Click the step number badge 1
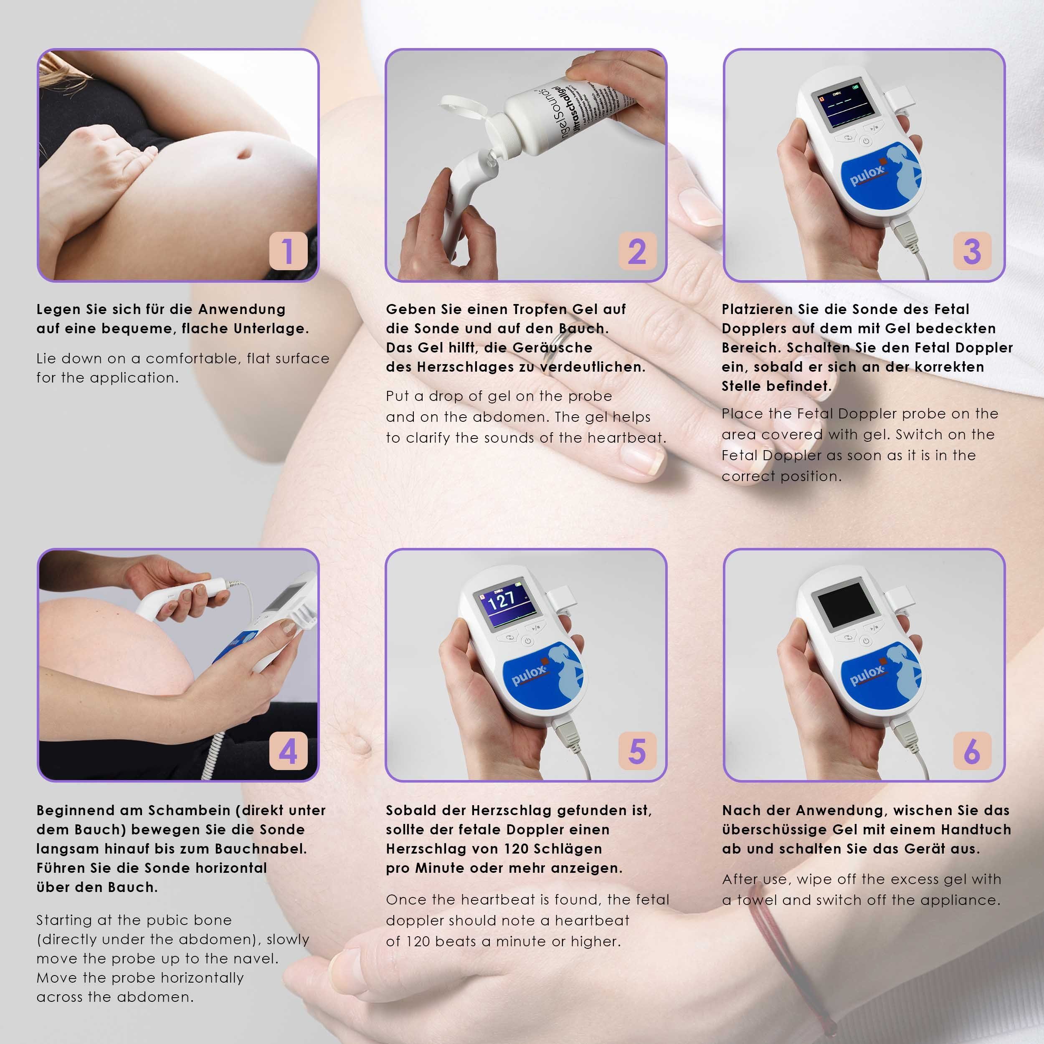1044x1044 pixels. pyautogui.click(x=289, y=251)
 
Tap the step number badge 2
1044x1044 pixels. pyautogui.click(x=637, y=251)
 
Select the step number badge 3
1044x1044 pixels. pyautogui.click(x=972, y=251)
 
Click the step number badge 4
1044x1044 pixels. pyautogui.click(x=289, y=751)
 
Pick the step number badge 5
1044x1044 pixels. pyautogui.click(x=637, y=751)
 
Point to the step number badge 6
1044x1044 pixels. pyautogui.click(x=972, y=751)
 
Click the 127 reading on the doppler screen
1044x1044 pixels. pyautogui.click(x=502, y=600)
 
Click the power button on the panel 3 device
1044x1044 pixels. pyautogui.click(x=866, y=142)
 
